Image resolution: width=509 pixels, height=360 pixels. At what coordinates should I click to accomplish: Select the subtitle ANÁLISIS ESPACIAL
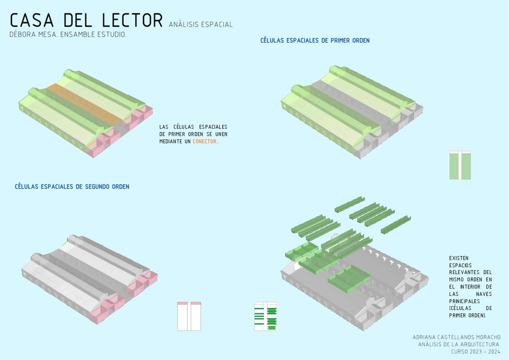tap(200, 25)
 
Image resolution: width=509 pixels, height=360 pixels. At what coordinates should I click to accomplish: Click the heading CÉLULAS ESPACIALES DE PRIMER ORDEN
tap(315, 41)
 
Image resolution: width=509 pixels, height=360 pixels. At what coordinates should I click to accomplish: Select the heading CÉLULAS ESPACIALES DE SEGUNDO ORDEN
tap(72, 187)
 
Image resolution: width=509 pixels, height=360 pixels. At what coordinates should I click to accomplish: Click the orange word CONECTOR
tap(205, 142)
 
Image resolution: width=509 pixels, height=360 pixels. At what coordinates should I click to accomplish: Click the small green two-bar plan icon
tap(460, 166)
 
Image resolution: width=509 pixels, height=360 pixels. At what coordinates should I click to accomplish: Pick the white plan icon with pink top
tap(189, 316)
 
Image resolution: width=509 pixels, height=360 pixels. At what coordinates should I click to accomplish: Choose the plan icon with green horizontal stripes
tap(265, 316)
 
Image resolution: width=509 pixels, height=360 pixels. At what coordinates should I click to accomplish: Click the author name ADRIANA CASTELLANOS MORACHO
tap(457, 337)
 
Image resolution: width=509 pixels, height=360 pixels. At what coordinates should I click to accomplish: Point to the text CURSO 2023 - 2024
tap(476, 352)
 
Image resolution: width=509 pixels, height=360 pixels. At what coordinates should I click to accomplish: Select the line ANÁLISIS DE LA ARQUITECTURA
tap(459, 344)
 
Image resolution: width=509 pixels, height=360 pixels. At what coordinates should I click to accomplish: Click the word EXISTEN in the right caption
tap(459, 258)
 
